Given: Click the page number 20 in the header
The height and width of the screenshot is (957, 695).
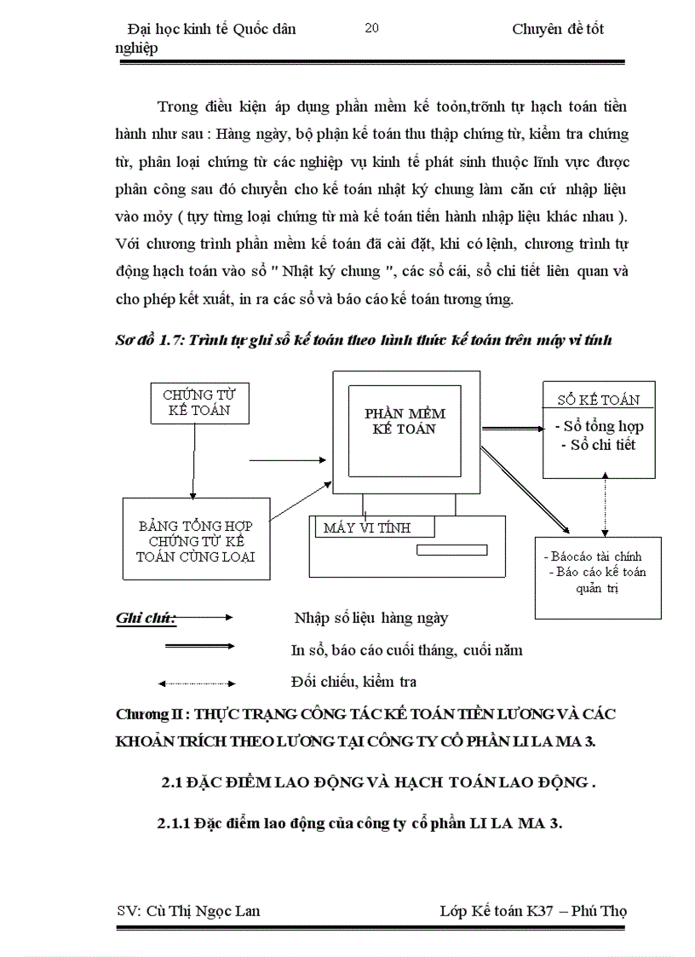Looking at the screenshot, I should [x=371, y=28].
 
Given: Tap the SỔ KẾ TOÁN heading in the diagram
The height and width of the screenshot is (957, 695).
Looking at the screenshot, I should [x=598, y=400].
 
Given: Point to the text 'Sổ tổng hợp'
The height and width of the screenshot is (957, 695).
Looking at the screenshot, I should [x=599, y=426].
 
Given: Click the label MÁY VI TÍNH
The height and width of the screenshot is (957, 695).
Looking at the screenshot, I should [x=367, y=528].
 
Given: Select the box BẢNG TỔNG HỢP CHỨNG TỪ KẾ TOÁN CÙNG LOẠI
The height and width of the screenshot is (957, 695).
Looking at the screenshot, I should [x=196, y=541].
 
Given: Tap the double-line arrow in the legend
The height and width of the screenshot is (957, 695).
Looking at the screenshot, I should [x=199, y=647].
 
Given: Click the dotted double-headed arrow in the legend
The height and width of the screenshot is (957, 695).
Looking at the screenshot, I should [x=197, y=683].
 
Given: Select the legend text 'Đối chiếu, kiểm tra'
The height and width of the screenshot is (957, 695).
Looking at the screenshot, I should [x=353, y=682].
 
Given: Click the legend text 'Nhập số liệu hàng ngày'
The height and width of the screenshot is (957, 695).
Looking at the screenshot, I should [x=370, y=618].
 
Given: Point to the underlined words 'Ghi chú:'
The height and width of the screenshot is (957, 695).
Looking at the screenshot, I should [x=144, y=617].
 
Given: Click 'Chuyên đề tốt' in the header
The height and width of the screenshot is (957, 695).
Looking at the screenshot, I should [x=558, y=29].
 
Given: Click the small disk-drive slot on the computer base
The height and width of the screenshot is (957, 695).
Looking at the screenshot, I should [x=451, y=550].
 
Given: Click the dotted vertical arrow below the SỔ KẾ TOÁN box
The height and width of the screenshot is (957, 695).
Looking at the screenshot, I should [x=606, y=506].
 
